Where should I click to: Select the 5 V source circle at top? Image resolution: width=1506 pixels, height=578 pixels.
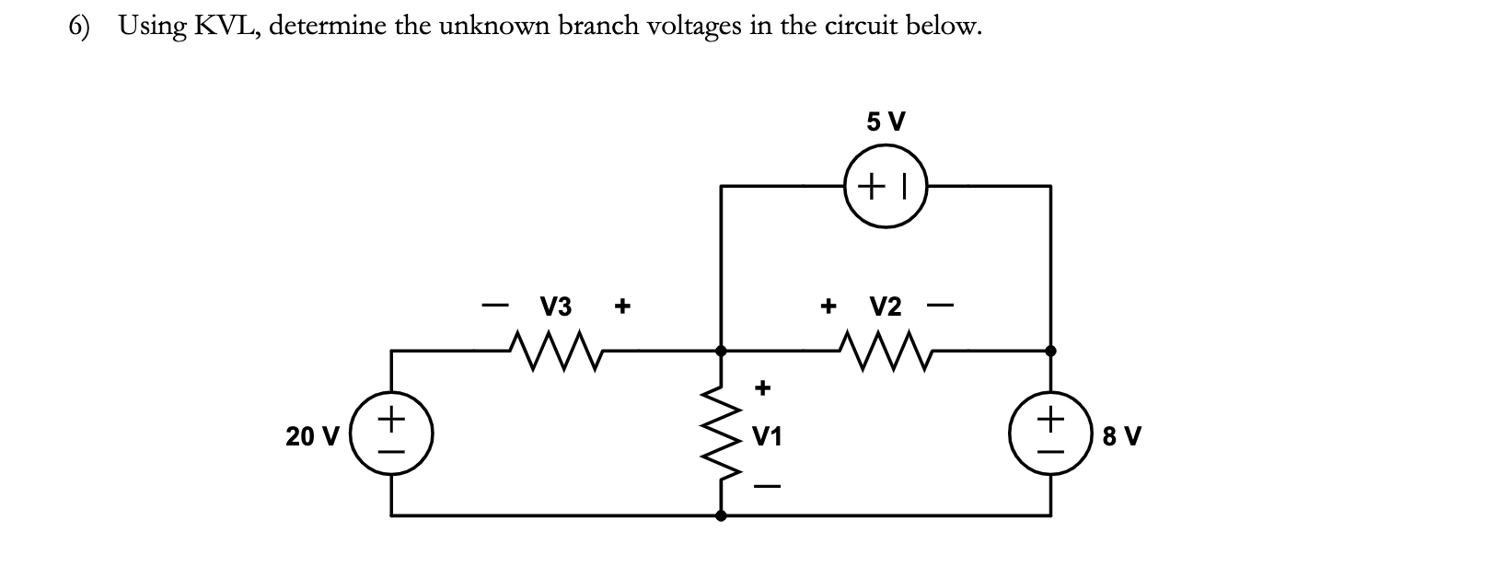click(x=885, y=187)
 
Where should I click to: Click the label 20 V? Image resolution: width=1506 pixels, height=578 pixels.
click(x=312, y=435)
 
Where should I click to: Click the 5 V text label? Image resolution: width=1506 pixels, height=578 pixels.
click(x=886, y=121)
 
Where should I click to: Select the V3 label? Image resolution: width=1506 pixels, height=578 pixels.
click(x=555, y=305)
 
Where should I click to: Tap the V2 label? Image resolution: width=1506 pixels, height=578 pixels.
click(x=886, y=305)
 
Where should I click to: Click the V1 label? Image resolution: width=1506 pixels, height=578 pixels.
click(x=767, y=436)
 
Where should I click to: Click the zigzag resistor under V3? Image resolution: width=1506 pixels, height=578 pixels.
click(x=555, y=350)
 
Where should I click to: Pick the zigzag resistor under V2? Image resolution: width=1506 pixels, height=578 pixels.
click(x=886, y=350)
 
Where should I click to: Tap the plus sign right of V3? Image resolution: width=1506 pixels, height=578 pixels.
click(x=622, y=305)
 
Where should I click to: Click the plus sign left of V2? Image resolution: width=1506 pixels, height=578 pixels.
click(x=828, y=305)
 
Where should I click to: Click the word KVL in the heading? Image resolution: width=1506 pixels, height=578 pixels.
click(x=226, y=26)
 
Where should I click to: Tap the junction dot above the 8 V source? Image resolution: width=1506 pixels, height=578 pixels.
click(x=1050, y=351)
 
